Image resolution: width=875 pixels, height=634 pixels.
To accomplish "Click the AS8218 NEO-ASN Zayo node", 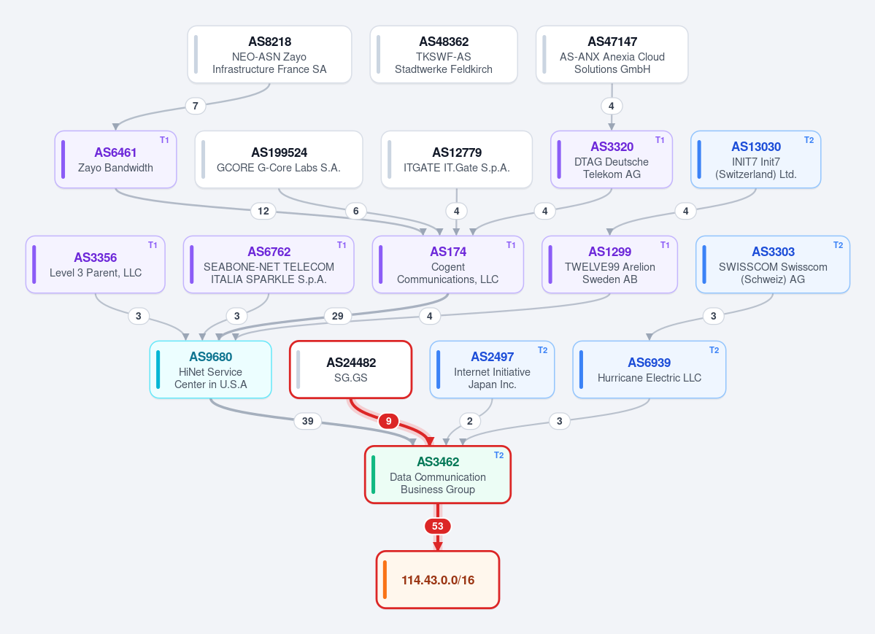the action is (269, 55).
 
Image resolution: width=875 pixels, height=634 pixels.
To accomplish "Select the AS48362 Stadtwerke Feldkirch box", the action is (444, 55).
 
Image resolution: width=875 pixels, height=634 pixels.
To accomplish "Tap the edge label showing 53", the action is (438, 526).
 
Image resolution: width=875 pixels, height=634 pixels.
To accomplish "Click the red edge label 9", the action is (388, 421).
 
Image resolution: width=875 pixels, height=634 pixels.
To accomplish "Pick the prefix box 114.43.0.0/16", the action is (438, 580).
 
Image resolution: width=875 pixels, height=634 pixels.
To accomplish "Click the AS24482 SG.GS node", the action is (351, 369).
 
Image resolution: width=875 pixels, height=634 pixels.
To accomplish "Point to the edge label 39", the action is (307, 421).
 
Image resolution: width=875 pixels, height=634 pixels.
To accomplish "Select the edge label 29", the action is (338, 316).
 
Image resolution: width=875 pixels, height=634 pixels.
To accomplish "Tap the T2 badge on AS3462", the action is (499, 455).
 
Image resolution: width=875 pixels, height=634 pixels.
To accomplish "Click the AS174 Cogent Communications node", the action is (448, 265).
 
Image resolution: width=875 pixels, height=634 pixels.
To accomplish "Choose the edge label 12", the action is (263, 211).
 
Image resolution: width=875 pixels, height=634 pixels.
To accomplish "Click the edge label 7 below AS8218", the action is (196, 106).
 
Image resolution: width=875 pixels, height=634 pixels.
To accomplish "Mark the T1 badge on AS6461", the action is (164, 140).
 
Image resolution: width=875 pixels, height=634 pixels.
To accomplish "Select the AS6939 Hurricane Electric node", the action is (649, 369).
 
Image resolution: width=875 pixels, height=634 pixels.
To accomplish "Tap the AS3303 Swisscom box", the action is (773, 265).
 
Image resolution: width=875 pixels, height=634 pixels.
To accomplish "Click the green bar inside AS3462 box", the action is (374, 475).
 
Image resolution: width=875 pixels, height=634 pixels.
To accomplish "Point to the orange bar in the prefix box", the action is (385, 580).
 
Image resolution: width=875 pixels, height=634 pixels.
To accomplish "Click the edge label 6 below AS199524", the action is (356, 211).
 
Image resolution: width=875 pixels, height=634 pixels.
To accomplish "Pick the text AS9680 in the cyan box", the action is (210, 357).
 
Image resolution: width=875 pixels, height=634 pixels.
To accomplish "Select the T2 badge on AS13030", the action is (809, 140).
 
